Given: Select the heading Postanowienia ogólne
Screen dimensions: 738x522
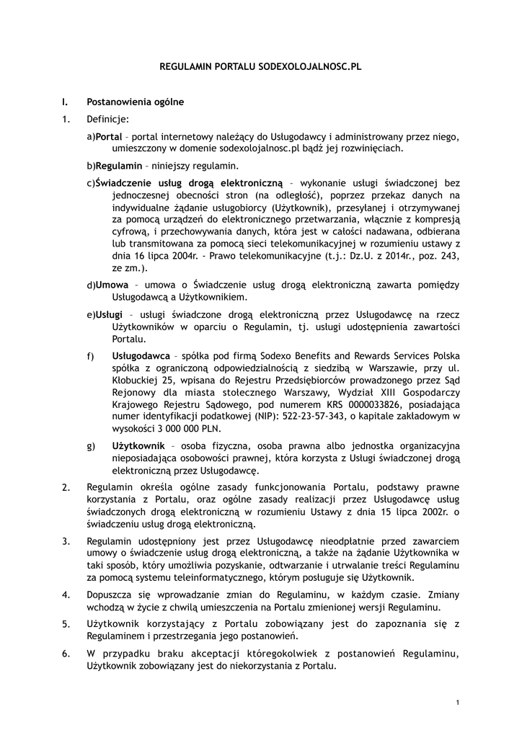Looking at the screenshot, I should pos(135,102).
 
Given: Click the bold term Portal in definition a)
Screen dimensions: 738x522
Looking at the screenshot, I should pos(109,136).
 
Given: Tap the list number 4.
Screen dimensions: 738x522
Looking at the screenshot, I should pos(66,595).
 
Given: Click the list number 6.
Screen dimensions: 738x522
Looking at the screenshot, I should pos(66,654).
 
